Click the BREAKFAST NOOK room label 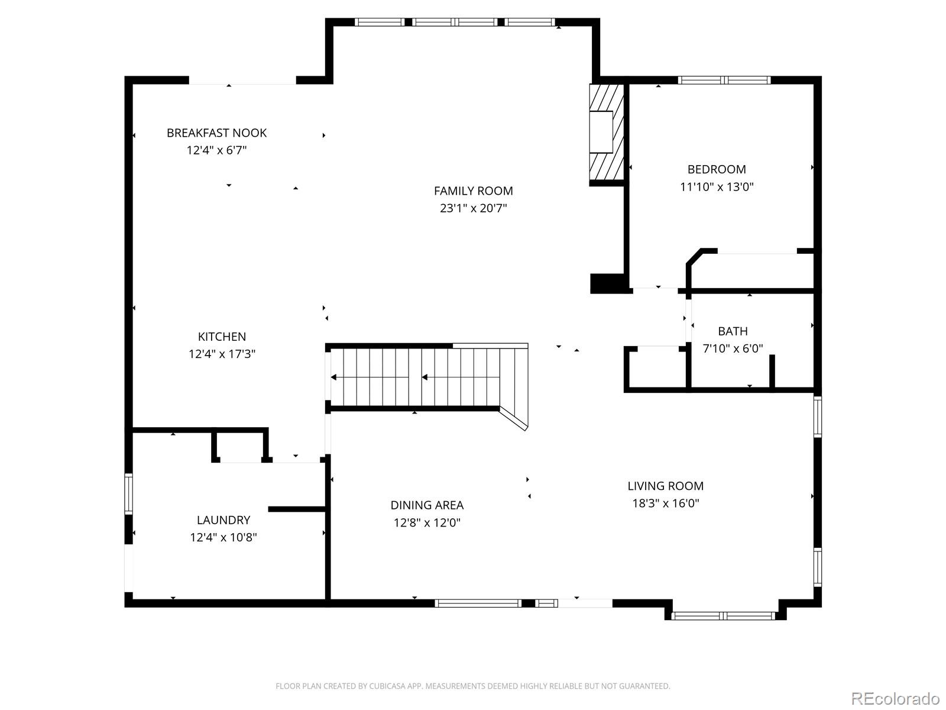(216, 133)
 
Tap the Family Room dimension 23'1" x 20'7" (473, 208)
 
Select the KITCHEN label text (222, 336)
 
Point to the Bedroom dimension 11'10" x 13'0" (717, 186)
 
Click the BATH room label (733, 331)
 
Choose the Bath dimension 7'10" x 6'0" (733, 348)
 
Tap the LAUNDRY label (223, 520)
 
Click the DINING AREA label (427, 505)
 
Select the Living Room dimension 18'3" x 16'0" (665, 503)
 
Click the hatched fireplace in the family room (607, 132)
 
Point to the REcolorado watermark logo (896, 698)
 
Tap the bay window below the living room (723, 615)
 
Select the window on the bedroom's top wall (724, 80)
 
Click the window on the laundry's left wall (128, 493)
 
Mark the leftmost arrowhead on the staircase (333, 377)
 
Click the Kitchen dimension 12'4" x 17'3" (222, 354)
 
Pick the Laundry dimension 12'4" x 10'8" (223, 537)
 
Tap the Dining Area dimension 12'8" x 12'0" (427, 522)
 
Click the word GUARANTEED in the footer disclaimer (644, 686)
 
